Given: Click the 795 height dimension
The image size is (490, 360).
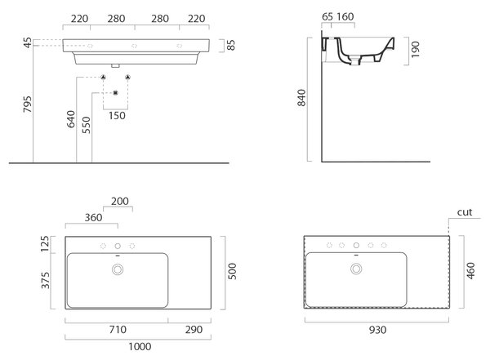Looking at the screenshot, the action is (28, 104).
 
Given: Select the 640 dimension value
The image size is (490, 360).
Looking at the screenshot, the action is (71, 119).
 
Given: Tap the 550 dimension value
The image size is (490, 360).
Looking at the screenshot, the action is (86, 125).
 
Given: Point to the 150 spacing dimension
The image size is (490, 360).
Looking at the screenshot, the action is (117, 116).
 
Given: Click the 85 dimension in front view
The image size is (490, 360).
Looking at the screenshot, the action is (230, 45).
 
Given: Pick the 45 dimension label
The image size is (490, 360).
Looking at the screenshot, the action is (28, 42).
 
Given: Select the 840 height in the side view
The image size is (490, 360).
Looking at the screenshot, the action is (301, 98).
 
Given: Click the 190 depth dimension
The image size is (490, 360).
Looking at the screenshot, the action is (415, 49).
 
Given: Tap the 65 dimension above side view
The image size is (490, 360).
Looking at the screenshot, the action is (327, 16).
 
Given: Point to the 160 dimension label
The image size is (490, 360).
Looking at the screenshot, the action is (345, 16).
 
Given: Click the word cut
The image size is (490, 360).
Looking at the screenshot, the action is (465, 212).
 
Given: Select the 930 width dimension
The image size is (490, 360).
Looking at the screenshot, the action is (377, 330).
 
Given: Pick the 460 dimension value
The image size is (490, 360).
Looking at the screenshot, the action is (470, 271).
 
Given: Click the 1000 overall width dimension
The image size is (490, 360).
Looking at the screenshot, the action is (140, 346).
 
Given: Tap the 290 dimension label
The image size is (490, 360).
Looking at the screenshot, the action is (194, 329).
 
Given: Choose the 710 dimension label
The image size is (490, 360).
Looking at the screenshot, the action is (118, 329).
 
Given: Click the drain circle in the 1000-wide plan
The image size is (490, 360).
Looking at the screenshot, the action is (118, 264).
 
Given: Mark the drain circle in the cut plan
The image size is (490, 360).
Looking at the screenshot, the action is (356, 264).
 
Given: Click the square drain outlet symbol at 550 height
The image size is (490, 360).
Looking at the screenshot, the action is (116, 93).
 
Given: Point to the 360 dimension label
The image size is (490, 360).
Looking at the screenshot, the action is (93, 217).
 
